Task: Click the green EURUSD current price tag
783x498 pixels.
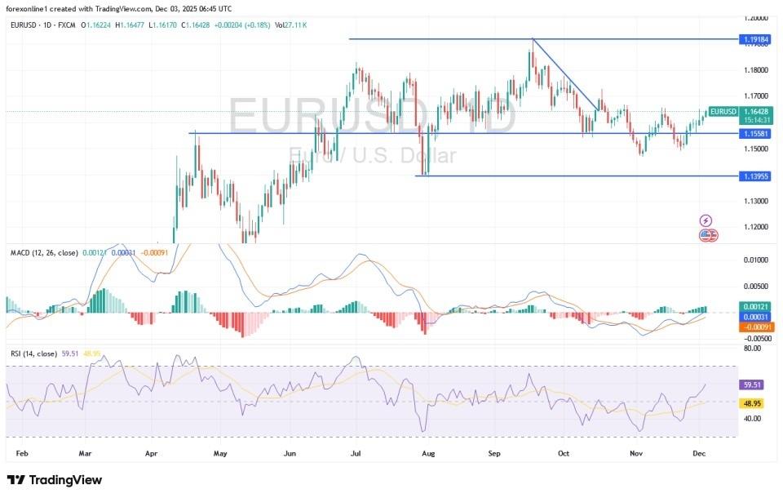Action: click(x=723, y=112)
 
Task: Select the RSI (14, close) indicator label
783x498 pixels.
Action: click(x=33, y=353)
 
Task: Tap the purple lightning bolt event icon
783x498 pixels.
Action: click(x=706, y=220)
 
